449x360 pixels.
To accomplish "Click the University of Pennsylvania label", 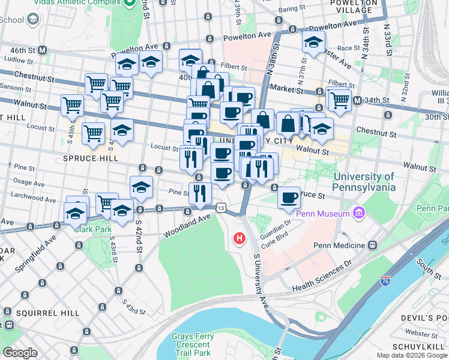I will [x=364, y=181].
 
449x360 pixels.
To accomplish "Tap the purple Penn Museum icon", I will [x=360, y=213].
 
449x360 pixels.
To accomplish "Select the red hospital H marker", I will [x=240, y=239].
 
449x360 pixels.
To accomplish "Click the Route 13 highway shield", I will [x=221, y=208].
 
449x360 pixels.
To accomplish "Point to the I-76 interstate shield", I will [x=385, y=281].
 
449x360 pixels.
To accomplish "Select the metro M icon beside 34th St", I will [x=358, y=100].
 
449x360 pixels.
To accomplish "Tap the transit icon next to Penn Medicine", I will [x=373, y=245].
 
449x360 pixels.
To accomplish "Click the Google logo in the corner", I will [x=20, y=353].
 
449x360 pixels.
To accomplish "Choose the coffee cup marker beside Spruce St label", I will [x=289, y=197].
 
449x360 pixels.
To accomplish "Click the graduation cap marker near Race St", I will [x=313, y=43].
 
